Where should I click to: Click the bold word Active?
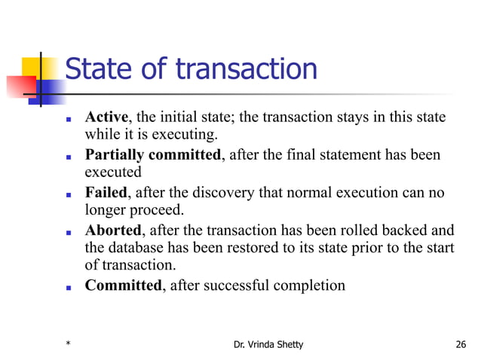click(106, 117)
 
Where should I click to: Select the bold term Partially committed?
click(154, 155)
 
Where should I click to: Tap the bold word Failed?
click(106, 192)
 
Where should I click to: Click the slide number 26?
click(461, 345)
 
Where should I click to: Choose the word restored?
click(233, 248)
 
